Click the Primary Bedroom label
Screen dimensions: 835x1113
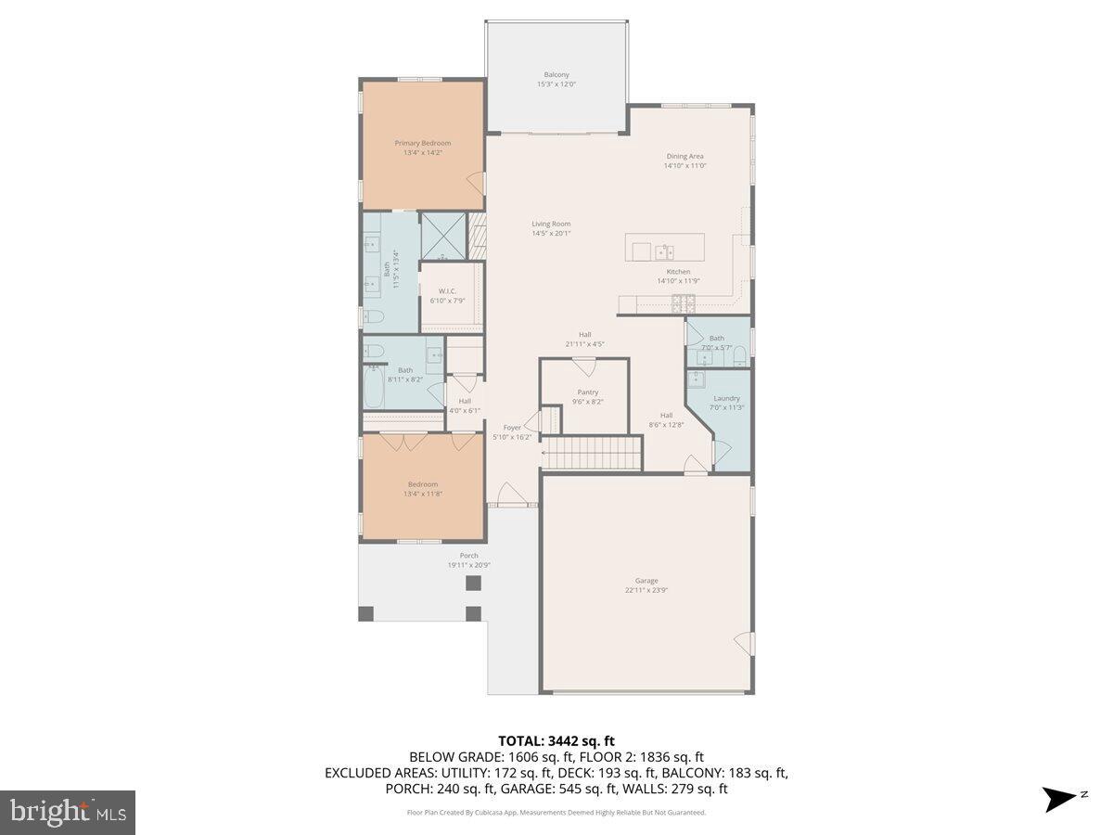click(422, 143)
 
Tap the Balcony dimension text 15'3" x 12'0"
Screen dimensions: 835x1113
click(556, 84)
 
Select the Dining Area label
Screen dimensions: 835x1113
click(684, 156)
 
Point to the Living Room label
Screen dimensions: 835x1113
click(551, 224)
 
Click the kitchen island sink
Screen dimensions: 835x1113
click(664, 250)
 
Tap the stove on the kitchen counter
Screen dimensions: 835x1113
click(684, 302)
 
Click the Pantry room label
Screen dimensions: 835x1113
click(587, 392)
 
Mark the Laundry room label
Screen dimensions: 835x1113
click(727, 398)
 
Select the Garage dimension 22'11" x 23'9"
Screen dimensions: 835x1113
click(647, 590)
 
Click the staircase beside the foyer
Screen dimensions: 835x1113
click(592, 455)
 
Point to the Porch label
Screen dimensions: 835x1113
click(469, 556)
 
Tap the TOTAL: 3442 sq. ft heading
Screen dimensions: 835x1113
click(556, 740)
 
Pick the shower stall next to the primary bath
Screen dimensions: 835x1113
click(442, 238)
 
